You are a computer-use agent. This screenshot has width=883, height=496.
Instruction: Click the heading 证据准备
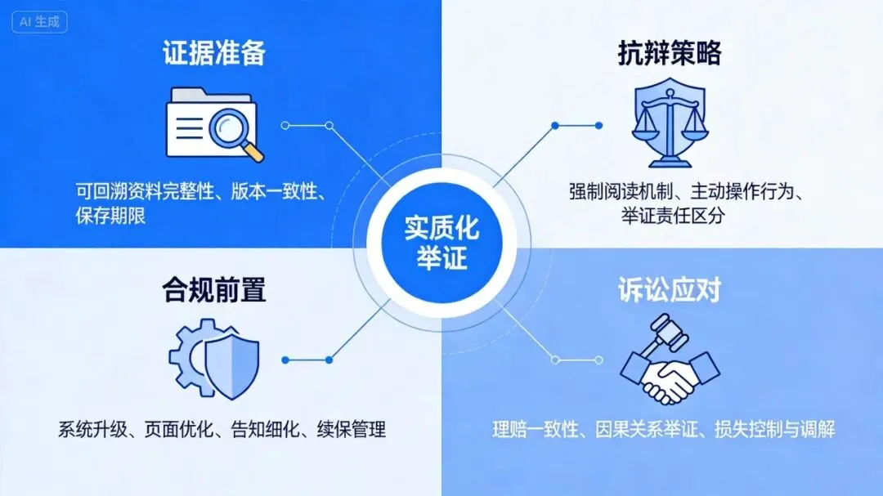coord(214,53)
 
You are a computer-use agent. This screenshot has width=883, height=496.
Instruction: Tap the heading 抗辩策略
coord(670,53)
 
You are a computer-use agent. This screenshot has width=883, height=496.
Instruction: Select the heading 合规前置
coord(214,290)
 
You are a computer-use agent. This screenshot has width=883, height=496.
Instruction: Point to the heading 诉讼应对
coord(670,290)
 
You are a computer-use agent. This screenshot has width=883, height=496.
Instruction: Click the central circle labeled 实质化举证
coord(441,243)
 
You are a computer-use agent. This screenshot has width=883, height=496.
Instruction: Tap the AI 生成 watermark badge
coord(39,22)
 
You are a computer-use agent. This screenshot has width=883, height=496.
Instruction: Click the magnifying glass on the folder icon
coord(235,133)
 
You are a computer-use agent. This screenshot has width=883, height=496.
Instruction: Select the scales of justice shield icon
coord(670,123)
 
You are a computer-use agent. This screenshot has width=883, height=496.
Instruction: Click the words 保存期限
coord(110,216)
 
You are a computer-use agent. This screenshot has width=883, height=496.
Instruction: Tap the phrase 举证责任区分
coord(673,216)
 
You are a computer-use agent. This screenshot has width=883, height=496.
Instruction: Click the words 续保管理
coord(352,430)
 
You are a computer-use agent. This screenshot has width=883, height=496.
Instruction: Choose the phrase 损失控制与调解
coord(774,430)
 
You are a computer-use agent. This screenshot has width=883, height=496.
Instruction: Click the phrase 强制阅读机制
coord(621,192)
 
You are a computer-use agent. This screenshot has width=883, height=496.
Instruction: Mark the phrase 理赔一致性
coord(536,430)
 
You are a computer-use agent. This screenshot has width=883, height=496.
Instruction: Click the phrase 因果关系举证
coord(647,430)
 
